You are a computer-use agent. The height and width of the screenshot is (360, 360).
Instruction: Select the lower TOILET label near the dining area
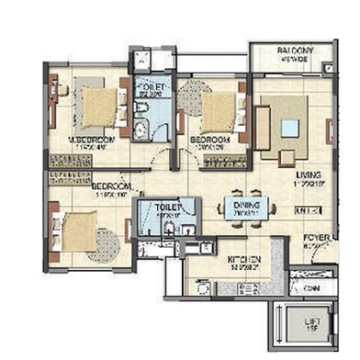click(166, 208)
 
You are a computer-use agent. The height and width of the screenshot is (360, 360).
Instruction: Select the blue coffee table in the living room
click(291, 128)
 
